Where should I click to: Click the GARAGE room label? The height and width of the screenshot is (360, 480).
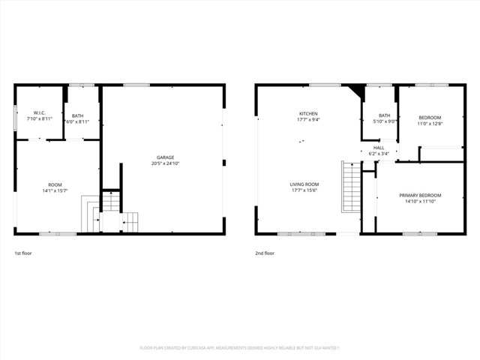[x=166, y=157]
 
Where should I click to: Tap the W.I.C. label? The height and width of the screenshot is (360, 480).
[x=40, y=113]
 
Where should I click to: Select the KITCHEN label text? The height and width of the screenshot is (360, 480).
[x=309, y=113]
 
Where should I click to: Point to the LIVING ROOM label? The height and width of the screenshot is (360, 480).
[x=304, y=184]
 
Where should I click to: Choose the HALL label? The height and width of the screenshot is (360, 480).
[x=379, y=148]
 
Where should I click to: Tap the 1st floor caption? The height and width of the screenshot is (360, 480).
[x=23, y=253]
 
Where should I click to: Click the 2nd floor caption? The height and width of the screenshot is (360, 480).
[x=263, y=253]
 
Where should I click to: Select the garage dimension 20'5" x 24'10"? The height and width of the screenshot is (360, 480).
[x=166, y=163]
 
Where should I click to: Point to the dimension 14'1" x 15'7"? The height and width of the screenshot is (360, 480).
[x=55, y=190]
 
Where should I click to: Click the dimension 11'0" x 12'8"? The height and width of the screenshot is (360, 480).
[x=430, y=124]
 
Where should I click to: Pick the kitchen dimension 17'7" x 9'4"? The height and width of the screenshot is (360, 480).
[x=309, y=119]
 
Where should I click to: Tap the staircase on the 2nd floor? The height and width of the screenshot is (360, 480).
[x=351, y=187]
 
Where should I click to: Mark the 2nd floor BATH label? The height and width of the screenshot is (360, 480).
[x=384, y=115]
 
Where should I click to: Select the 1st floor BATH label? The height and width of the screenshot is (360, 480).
[x=78, y=115]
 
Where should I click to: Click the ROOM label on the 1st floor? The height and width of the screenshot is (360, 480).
[x=55, y=184]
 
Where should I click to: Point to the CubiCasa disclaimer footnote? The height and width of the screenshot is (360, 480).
[x=240, y=348]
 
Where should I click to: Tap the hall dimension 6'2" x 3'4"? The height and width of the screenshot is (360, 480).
[x=379, y=154]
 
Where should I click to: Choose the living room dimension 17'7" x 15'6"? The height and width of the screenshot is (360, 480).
[x=304, y=190]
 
